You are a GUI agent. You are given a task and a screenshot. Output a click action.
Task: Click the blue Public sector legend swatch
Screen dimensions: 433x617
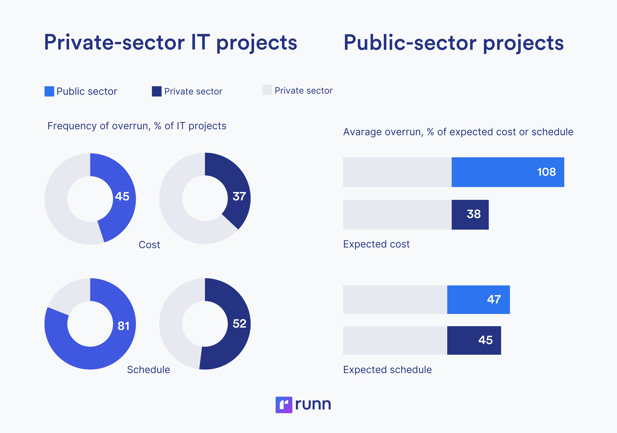[49, 91]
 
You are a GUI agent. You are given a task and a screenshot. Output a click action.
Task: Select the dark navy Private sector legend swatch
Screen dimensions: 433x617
[157, 91]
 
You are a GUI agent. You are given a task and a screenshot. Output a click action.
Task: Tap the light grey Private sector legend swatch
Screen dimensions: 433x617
[267, 90]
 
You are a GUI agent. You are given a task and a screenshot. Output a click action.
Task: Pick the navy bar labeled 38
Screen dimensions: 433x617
[470, 215]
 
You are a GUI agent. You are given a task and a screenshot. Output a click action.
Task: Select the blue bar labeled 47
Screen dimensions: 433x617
[478, 300]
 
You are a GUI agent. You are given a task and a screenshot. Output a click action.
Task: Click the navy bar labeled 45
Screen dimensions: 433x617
[474, 340]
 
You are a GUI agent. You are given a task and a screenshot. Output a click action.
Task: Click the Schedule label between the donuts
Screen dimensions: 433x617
[148, 370]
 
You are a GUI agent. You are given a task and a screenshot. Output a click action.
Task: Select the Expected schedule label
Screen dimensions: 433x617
[387, 370]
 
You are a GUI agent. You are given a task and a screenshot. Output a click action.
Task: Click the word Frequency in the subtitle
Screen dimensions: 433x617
[72, 126]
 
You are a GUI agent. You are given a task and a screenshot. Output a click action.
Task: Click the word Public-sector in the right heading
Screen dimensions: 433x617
[410, 43]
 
